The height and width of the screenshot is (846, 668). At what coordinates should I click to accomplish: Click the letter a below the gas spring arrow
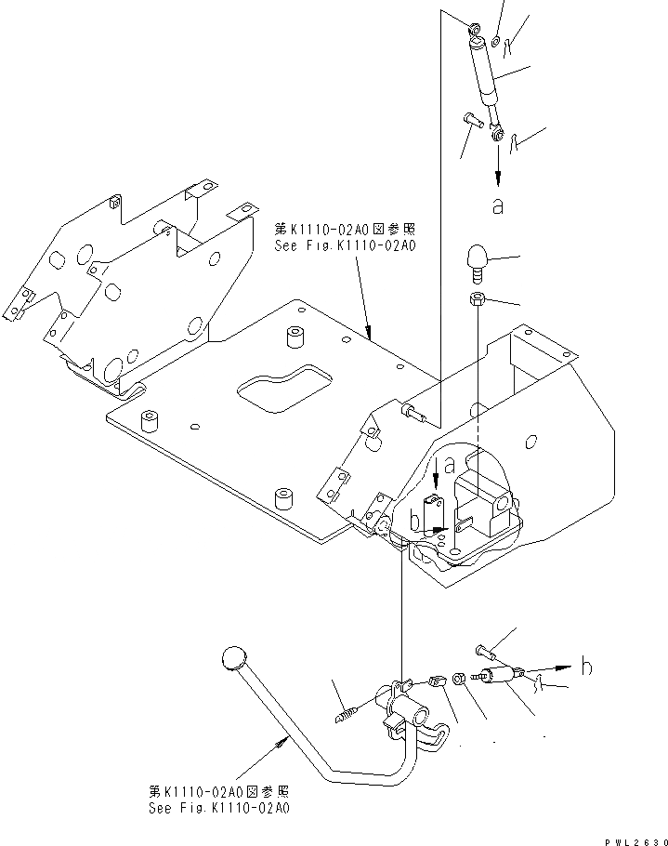[498, 205]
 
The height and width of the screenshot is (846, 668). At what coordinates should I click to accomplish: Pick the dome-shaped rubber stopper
[477, 259]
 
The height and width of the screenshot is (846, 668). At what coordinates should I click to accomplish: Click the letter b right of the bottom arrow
[585, 666]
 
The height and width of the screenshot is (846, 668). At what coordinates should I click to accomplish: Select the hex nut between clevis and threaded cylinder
[460, 681]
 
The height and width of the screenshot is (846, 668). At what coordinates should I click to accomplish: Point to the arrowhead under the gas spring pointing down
[499, 177]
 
